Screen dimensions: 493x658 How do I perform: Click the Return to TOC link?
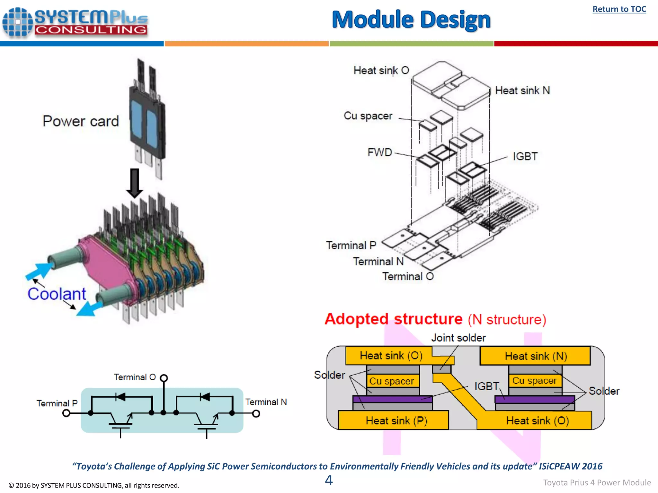coord(619,9)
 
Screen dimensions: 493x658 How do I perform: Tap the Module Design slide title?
coord(411,20)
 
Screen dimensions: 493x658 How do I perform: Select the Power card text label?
coord(81,121)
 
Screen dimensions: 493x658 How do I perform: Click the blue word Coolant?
coord(57,294)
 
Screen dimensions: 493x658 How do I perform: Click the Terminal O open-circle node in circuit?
coord(164,378)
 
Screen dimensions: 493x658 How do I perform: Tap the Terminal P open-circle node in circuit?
coord(66,413)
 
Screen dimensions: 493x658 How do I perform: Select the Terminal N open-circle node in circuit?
coord(256,414)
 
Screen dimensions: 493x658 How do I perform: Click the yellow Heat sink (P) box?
coord(394,420)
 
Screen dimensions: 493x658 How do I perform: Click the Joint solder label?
coord(458,338)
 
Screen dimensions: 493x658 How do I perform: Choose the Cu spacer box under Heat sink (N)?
coord(535,381)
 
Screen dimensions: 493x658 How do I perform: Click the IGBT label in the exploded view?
coord(525,157)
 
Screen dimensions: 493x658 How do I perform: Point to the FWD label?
coord(380,152)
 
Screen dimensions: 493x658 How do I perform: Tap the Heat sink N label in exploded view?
coord(522,91)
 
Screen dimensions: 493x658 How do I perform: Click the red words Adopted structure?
coord(394,319)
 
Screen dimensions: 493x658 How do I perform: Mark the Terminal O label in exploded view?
coord(408,276)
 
